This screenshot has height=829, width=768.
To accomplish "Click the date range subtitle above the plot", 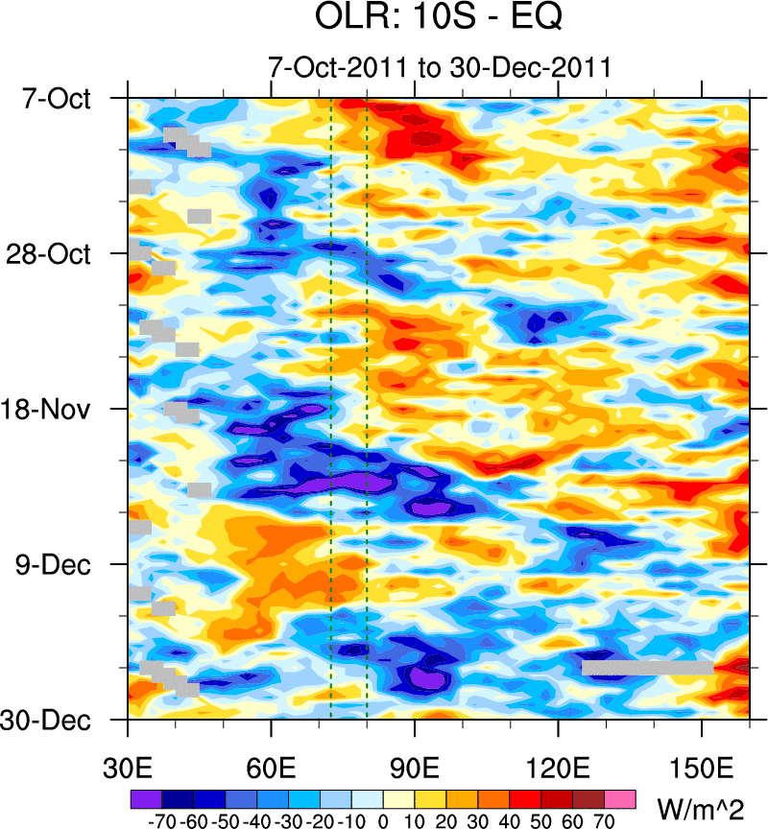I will pyautogui.click(x=440, y=68).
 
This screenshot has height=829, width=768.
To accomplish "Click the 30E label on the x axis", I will pyautogui.click(x=129, y=770).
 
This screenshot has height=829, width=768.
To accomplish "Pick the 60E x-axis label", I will pyautogui.click(x=272, y=770).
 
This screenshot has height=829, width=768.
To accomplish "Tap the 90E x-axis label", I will pyautogui.click(x=416, y=770).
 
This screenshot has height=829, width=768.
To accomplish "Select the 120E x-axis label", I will pyautogui.click(x=559, y=770).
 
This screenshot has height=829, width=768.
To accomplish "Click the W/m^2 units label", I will pyautogui.click(x=701, y=805).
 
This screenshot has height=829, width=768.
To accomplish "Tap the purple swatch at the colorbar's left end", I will pyautogui.click(x=145, y=797).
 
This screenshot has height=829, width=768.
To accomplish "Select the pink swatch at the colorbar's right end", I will pyautogui.click(x=620, y=797).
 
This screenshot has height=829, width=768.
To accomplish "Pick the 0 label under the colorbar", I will pyautogui.click(x=383, y=822).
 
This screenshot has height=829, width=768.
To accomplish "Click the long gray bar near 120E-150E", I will pyautogui.click(x=648, y=667).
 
